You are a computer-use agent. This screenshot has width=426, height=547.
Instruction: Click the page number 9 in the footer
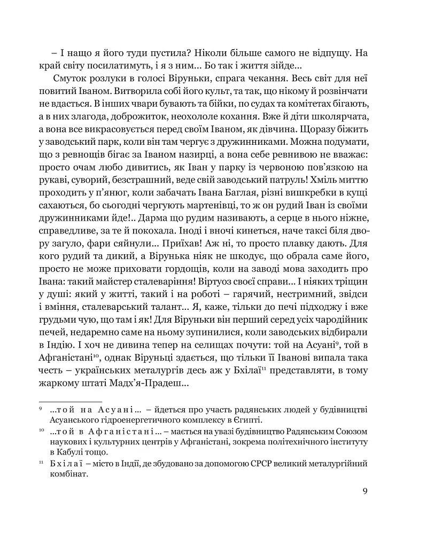tap(365, 492)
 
